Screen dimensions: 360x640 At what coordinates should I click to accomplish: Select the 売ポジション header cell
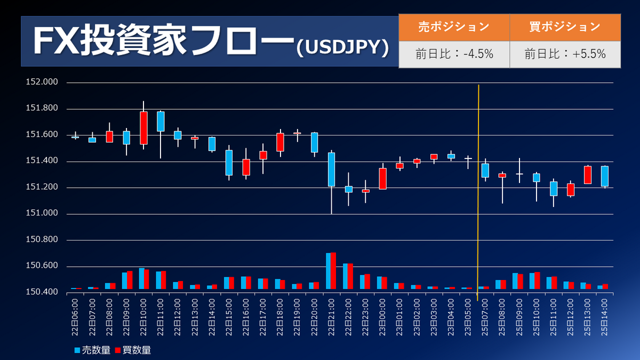454,27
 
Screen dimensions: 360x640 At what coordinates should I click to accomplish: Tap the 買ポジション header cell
565,27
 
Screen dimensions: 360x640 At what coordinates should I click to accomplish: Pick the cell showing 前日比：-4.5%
454,54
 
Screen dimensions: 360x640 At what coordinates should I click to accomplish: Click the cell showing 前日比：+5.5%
565,54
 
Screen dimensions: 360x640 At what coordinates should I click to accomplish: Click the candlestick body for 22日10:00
143,128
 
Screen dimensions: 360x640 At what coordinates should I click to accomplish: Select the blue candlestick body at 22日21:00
331,170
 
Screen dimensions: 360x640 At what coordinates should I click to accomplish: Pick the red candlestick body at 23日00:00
382,179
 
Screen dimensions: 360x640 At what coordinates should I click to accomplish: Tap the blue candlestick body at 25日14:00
605,176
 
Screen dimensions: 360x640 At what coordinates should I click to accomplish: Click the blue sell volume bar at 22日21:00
329,271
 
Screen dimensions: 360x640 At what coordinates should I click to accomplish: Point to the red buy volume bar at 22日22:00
350,276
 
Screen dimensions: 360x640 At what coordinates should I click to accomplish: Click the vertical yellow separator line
478,192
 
